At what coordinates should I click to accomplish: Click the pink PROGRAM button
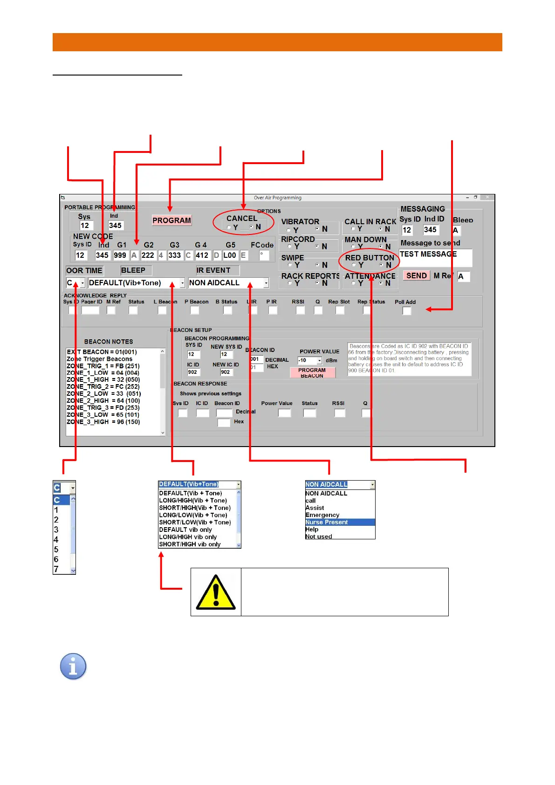(x=171, y=220)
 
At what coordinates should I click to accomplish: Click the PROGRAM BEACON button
(x=312, y=372)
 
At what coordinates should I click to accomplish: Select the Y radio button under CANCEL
(x=229, y=227)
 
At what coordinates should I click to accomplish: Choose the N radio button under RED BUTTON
(x=381, y=265)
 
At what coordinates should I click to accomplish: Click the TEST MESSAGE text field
(x=435, y=257)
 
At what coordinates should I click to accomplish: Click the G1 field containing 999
(x=120, y=255)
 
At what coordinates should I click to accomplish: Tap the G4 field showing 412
(x=202, y=255)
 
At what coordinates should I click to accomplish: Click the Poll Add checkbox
(x=407, y=311)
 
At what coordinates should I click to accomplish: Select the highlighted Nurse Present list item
(x=339, y=522)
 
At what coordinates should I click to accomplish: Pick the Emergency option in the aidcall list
(x=322, y=515)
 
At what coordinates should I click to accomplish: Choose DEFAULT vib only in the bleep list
(x=185, y=530)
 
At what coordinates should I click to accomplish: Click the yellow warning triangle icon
(x=216, y=592)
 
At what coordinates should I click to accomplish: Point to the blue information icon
(x=73, y=666)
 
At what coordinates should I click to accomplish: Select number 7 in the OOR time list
(x=56, y=569)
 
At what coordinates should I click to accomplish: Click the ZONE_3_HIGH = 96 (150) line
(x=103, y=422)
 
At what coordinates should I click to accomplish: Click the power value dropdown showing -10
(x=310, y=360)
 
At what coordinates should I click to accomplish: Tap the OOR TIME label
(x=84, y=270)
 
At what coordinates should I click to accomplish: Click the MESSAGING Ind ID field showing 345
(x=431, y=230)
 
